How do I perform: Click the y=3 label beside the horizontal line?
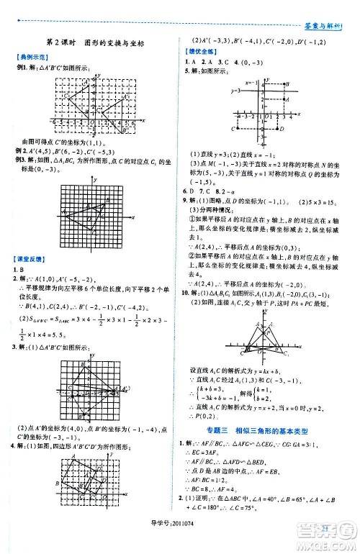(235, 91)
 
